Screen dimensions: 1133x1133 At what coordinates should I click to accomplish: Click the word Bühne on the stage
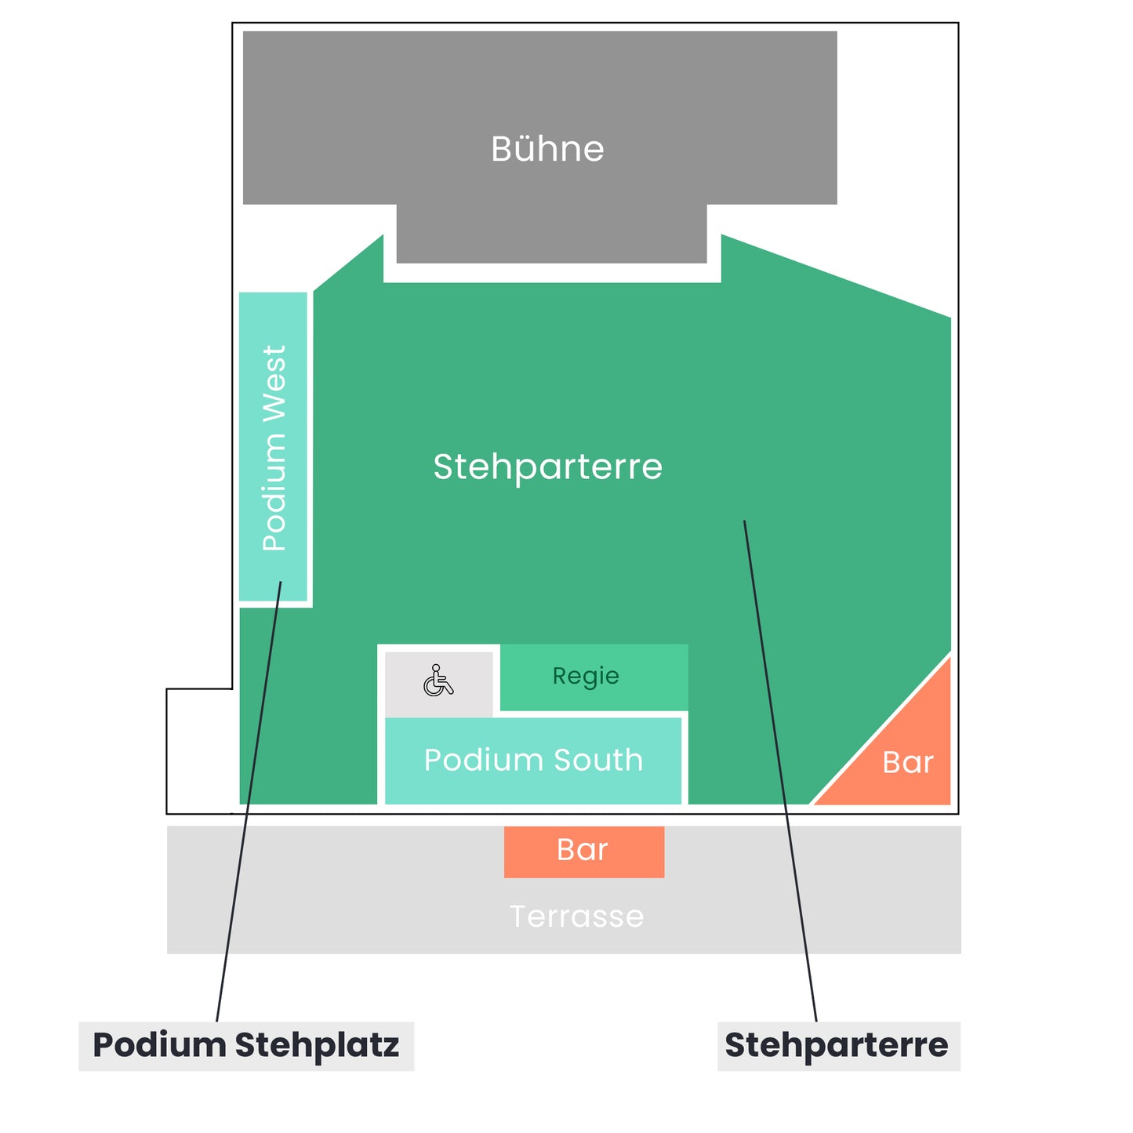pos(547,149)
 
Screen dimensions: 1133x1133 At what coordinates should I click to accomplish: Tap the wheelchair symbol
pos(438,681)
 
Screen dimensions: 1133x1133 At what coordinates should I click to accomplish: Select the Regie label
pos(586,677)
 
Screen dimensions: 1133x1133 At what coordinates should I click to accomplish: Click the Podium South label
pos(533,760)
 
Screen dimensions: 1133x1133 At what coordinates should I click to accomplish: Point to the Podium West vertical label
pos(274,448)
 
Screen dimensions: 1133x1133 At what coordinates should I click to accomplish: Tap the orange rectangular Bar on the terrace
pos(584,852)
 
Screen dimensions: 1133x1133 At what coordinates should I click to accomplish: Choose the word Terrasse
pos(577,917)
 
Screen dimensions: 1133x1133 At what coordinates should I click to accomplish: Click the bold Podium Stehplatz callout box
pos(246,1046)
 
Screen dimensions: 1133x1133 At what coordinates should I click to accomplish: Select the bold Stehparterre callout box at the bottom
pos(839,1046)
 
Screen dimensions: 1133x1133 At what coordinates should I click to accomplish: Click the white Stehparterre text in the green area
pos(547,467)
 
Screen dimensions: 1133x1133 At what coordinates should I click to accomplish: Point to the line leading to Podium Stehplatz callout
pos(249,801)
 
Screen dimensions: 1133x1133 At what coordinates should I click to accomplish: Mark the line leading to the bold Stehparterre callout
pos(780,771)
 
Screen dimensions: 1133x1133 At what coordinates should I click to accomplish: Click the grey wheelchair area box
pos(438,684)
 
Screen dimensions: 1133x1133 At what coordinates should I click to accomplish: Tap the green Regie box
pos(594,677)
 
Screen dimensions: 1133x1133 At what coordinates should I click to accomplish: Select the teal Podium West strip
pos(273,446)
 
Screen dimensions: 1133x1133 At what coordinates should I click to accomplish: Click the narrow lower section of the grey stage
pos(551,234)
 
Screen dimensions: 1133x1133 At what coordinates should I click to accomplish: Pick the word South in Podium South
pos(598,760)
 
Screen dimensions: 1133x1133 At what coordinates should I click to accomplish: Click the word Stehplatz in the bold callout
pos(317,1046)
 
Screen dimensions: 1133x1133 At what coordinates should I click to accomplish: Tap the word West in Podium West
pos(274,383)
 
